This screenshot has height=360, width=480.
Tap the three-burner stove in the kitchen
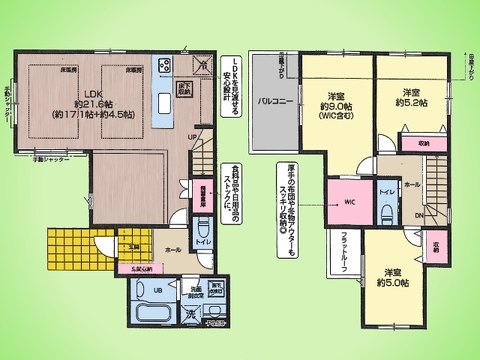pyautogui.click(x=168, y=68)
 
